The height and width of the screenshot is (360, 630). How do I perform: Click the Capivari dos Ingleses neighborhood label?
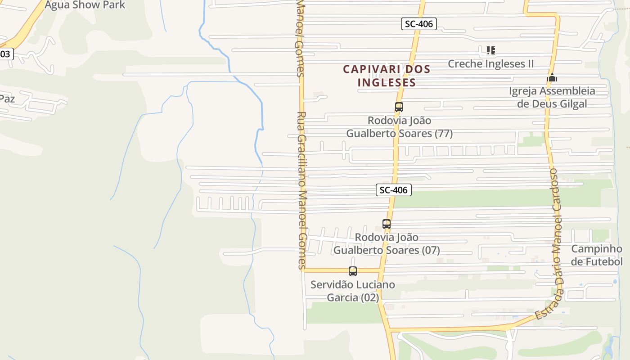pyautogui.click(x=387, y=76)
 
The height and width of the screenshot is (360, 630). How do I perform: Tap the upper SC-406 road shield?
pyautogui.click(x=419, y=24)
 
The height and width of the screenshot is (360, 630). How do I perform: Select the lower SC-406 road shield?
pyautogui.click(x=394, y=190)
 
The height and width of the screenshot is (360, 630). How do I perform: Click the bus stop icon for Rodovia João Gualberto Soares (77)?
pyautogui.click(x=399, y=107)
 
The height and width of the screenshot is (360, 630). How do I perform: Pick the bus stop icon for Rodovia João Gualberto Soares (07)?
pyautogui.click(x=387, y=224)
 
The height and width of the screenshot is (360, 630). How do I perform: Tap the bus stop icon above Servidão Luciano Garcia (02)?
pyautogui.click(x=353, y=271)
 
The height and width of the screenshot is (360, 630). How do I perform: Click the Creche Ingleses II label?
pyautogui.click(x=490, y=64)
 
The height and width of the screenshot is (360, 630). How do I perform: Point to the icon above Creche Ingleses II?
pyautogui.click(x=490, y=50)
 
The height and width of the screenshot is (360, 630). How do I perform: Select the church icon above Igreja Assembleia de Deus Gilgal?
pyautogui.click(x=552, y=77)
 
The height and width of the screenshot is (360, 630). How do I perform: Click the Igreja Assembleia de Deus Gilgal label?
pyautogui.click(x=552, y=97)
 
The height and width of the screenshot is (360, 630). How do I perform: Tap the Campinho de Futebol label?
pyautogui.click(x=597, y=255)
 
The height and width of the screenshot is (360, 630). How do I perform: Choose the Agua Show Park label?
pyautogui.click(x=85, y=5)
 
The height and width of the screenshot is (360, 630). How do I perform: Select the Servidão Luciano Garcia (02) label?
pyautogui.click(x=353, y=291)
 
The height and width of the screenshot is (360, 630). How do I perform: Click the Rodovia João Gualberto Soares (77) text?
pyautogui.click(x=399, y=127)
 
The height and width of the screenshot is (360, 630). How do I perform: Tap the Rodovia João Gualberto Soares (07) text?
pyautogui.click(x=387, y=243)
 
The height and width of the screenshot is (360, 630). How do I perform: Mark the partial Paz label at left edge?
pyautogui.click(x=7, y=99)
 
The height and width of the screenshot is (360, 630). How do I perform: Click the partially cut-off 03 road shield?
pyautogui.click(x=5, y=54)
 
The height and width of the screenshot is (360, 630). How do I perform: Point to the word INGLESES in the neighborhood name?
pyautogui.click(x=387, y=83)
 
